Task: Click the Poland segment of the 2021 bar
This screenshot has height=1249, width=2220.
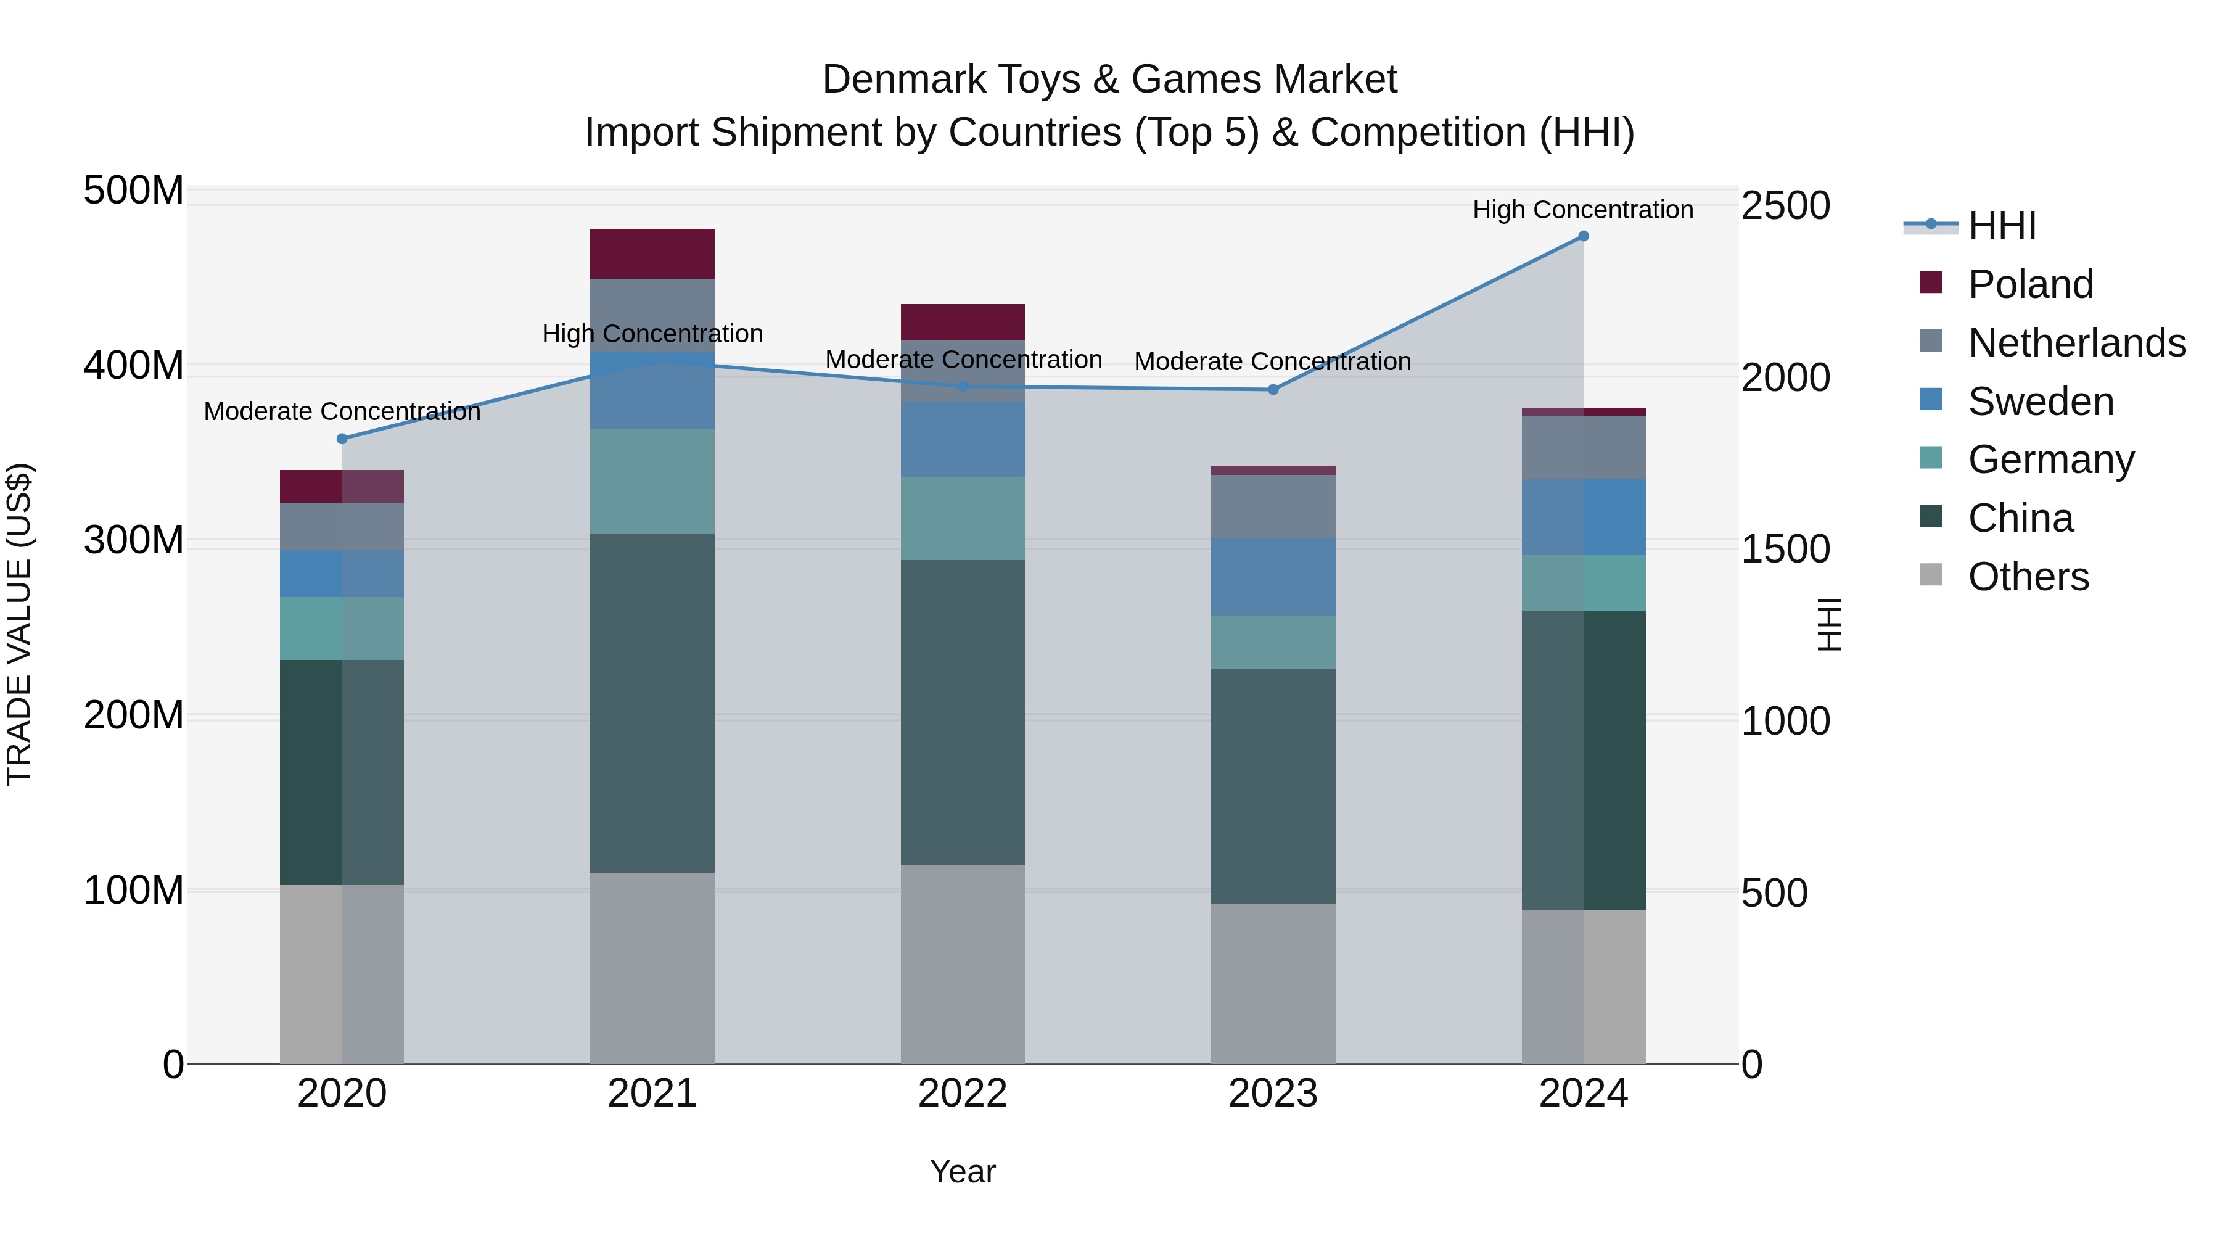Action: pos(652,254)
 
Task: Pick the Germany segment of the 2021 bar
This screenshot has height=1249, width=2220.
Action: pos(652,481)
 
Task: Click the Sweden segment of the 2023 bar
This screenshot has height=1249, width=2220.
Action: pos(1272,576)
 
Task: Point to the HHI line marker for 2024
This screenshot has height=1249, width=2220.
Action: pos(1583,236)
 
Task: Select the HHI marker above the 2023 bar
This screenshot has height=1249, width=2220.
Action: pos(1273,390)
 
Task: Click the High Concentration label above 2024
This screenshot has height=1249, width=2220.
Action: pos(1582,210)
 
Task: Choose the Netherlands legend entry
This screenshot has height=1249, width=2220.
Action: pos(2076,343)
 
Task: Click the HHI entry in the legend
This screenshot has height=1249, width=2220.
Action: pos(2001,226)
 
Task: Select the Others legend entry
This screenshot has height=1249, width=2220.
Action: pos(2028,577)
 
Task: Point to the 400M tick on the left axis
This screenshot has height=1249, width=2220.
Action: pos(134,366)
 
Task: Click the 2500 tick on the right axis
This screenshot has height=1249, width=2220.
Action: pos(1785,206)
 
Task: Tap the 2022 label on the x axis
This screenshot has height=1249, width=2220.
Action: pos(962,1094)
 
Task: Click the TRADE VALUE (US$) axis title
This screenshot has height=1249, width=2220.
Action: pos(19,624)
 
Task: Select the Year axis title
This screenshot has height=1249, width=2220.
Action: pos(962,1171)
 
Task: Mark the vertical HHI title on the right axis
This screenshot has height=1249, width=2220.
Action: pos(1827,624)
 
